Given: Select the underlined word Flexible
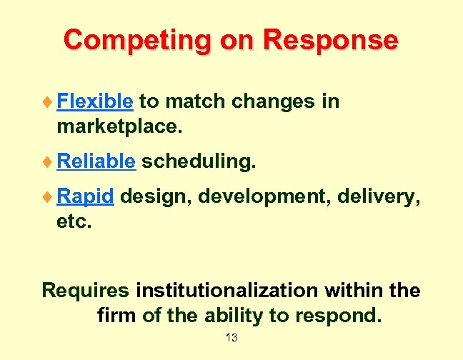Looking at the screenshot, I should (94, 101).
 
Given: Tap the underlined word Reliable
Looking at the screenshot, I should (96, 161).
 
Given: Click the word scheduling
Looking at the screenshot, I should (198, 161).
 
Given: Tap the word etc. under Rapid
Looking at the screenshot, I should (74, 221).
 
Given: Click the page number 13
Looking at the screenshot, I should (231, 337).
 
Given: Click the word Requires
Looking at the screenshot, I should (86, 291).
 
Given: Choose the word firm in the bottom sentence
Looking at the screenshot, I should (116, 315).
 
